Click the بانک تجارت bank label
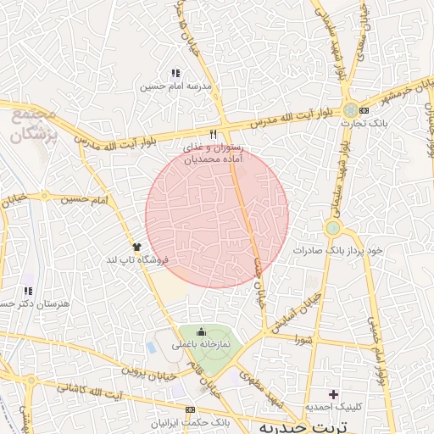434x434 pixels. (x=358, y=124)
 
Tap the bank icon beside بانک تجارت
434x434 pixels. (x=364, y=111)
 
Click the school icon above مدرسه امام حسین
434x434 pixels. (x=175, y=74)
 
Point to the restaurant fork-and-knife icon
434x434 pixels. (x=213, y=135)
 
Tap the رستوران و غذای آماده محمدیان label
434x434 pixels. (x=214, y=153)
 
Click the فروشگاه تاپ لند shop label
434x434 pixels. (x=136, y=259)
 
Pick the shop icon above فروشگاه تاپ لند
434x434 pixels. (x=136, y=246)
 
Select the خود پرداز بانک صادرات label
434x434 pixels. (x=339, y=252)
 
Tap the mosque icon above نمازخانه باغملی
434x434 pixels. (x=201, y=331)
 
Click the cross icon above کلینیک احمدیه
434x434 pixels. (x=333, y=393)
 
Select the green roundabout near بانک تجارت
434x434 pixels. (x=351, y=111)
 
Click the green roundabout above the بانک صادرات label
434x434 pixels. (x=333, y=228)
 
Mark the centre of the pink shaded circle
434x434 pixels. (x=217, y=216)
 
